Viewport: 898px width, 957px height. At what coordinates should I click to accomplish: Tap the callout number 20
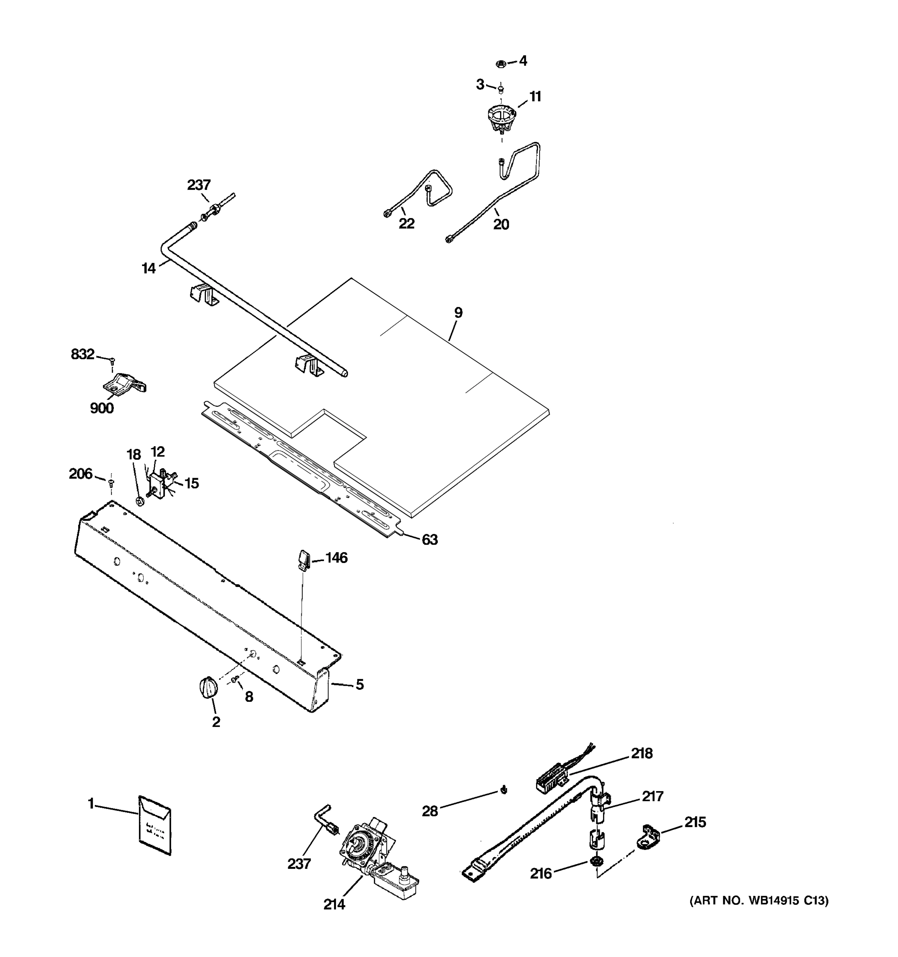coord(501,225)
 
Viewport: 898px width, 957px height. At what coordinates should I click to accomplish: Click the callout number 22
coord(406,224)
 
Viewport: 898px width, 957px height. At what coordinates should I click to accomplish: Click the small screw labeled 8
coord(235,679)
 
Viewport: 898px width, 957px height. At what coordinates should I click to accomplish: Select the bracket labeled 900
coord(124,383)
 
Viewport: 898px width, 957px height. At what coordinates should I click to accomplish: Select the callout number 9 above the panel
coord(458,313)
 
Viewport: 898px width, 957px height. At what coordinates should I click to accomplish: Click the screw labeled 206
coord(111,481)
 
